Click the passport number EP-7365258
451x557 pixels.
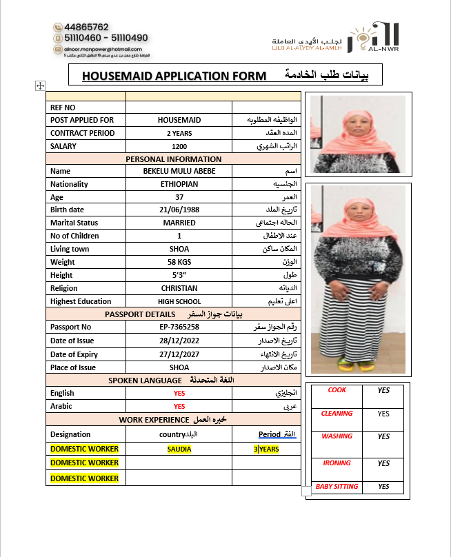pyautogui.click(x=179, y=327)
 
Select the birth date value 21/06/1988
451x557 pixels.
pyautogui.click(x=179, y=210)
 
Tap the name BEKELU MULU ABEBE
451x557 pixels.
pyautogui.click(x=179, y=171)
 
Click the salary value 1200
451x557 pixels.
pyautogui.click(x=179, y=146)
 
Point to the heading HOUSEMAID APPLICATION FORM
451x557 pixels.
pyautogui.click(x=174, y=75)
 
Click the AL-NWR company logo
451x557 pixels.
pyautogui.click(x=373, y=37)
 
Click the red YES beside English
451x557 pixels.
pyautogui.click(x=179, y=393)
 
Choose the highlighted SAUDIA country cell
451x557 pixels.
pyautogui.click(x=179, y=449)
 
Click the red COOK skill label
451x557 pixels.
pyautogui.click(x=337, y=390)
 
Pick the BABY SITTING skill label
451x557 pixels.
pyautogui.click(x=337, y=487)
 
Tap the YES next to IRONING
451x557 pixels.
pyautogui.click(x=383, y=463)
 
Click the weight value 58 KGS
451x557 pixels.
pyautogui.click(x=179, y=262)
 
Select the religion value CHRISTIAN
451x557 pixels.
pyautogui.click(x=179, y=288)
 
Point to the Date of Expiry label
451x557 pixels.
pyautogui.click(x=74, y=354)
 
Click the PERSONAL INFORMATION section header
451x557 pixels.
pyautogui.click(x=174, y=159)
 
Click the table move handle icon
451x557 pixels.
pyautogui.click(x=40, y=85)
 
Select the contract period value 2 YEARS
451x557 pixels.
pyautogui.click(x=179, y=133)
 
